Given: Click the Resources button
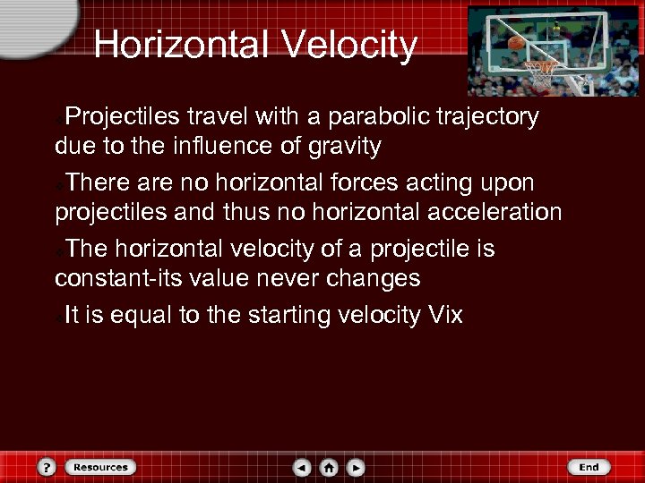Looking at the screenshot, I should coord(100,467).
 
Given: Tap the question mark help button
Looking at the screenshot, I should coord(48,467).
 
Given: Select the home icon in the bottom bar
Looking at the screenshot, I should coord(329,467).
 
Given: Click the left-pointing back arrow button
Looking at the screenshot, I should coord(303,467).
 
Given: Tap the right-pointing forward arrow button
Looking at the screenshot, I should coord(356,467).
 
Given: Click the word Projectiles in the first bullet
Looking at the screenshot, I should coord(125,116).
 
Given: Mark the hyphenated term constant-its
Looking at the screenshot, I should coord(120,277).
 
